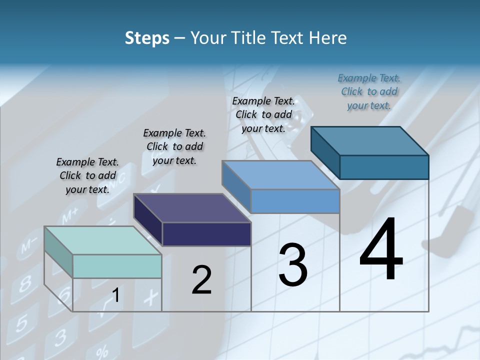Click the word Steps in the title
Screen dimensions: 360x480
pyautogui.click(x=147, y=38)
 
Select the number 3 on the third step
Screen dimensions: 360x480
pyautogui.click(x=293, y=265)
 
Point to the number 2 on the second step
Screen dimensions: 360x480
pyautogui.click(x=201, y=280)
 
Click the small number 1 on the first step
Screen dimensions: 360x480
pyautogui.click(x=115, y=295)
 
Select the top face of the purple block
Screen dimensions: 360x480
pyautogui.click(x=192, y=208)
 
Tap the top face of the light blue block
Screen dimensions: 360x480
pyautogui.click(x=280, y=175)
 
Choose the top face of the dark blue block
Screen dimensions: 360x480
pyautogui.click(x=369, y=140)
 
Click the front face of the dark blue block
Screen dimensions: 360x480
pyautogui.click(x=384, y=167)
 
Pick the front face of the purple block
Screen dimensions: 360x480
pyautogui.click(x=206, y=234)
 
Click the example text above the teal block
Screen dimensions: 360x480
pyautogui.click(x=87, y=175)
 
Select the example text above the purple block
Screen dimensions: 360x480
pyautogui.click(x=174, y=146)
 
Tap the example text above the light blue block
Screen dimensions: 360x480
pyautogui.click(x=263, y=114)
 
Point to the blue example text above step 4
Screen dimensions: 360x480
pyautogui.click(x=369, y=91)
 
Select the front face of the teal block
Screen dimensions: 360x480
pyautogui.click(x=117, y=266)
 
